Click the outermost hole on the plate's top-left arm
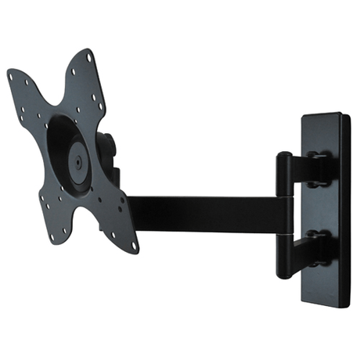point(12,76)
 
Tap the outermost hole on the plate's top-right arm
point(88,56)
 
